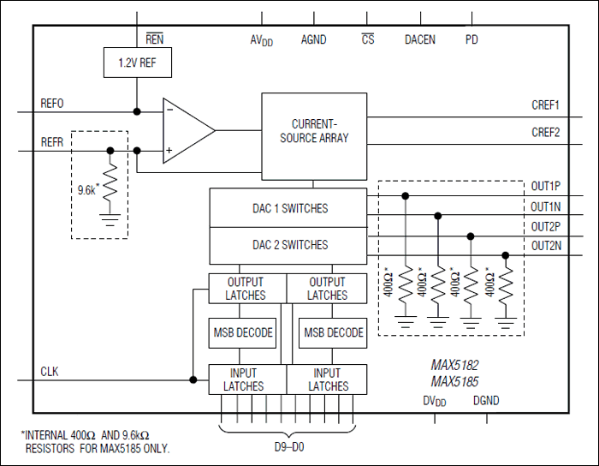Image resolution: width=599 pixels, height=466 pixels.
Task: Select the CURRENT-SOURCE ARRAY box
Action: click(x=313, y=131)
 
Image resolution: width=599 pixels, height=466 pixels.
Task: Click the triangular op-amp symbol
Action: click(x=186, y=130)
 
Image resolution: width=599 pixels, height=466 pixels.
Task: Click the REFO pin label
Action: click(x=52, y=104)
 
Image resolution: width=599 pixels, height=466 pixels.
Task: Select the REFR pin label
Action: click(x=52, y=142)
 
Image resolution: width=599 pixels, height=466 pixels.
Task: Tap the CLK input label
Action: click(x=50, y=372)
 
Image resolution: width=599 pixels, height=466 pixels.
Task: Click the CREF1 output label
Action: click(x=545, y=106)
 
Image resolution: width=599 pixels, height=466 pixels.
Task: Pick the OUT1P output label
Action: click(x=545, y=186)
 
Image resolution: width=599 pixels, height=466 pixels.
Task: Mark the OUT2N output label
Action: click(x=545, y=246)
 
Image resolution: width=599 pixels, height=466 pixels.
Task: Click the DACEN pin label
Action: click(x=419, y=39)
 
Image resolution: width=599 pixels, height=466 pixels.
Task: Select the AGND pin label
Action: click(x=313, y=39)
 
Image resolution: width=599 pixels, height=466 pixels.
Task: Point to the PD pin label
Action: click(x=471, y=39)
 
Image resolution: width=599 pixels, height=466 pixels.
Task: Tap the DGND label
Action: click(x=486, y=400)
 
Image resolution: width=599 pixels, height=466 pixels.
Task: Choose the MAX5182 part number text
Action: click(x=454, y=364)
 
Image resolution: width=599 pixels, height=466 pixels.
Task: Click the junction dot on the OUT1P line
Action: click(x=405, y=195)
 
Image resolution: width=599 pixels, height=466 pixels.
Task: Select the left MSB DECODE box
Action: click(x=242, y=332)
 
